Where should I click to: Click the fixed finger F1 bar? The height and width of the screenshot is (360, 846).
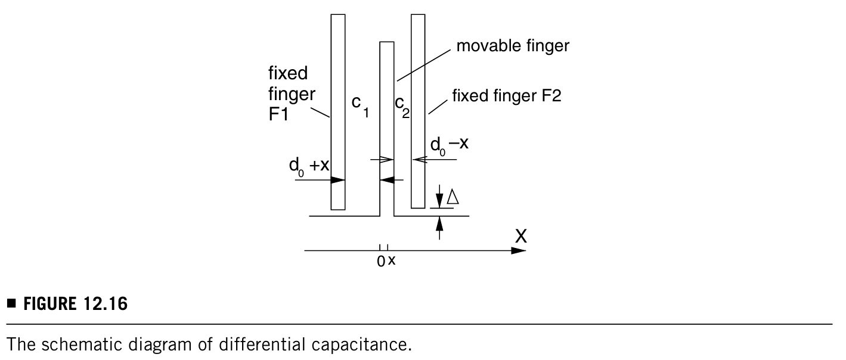[x=338, y=112]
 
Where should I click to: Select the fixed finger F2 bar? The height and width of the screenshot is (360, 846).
[x=418, y=111]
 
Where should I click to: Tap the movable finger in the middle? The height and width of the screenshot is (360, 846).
[x=387, y=128]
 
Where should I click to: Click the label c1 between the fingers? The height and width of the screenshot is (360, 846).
[x=360, y=106]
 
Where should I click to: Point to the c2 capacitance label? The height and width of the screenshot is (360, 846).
[x=402, y=107]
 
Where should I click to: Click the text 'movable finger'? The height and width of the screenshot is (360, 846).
[x=513, y=46]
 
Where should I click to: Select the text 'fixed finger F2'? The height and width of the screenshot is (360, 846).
[x=506, y=95]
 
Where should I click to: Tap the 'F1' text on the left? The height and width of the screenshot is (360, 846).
[x=278, y=114]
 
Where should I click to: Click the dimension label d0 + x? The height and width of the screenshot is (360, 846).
[x=309, y=167]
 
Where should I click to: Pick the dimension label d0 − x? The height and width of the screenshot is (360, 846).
[x=449, y=145]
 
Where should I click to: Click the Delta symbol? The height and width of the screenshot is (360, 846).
[x=453, y=197]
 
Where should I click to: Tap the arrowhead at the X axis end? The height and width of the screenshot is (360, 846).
[x=519, y=250]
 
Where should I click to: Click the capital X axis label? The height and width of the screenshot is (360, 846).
[x=521, y=237]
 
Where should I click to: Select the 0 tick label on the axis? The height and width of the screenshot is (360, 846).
[x=381, y=262]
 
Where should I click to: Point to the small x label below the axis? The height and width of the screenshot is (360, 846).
[x=392, y=260]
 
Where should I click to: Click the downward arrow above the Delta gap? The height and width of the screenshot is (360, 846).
[x=439, y=197]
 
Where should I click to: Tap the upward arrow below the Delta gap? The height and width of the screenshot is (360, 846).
[x=439, y=228]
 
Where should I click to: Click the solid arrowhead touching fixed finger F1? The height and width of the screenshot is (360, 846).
[x=337, y=180]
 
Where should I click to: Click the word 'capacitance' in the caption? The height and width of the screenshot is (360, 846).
[x=361, y=345]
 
